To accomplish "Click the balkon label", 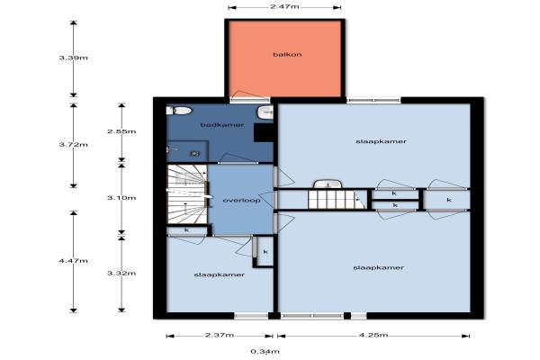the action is pos(287,54).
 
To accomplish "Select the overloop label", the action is pos(241,200).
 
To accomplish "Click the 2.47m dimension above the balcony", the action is pos(284,6).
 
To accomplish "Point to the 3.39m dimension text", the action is pos(74,58).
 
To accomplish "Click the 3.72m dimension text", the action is pos(74,145).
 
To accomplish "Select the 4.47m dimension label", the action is pos(74,261).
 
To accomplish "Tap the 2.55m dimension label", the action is pos(121,131).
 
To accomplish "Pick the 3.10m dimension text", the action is pos(121,198).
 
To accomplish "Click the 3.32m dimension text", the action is pos(121,274).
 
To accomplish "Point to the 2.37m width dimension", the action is pos(220,335).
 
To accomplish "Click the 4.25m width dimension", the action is pos(373,335).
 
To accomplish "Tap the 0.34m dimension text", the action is pos(265,352).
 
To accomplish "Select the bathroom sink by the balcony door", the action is pos(265,112).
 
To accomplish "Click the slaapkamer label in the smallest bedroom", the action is pos(220,274).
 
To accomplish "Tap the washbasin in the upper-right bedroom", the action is pos(328,184).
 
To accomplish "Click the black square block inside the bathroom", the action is pos(264,132).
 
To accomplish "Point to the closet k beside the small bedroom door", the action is pos(265,252).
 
